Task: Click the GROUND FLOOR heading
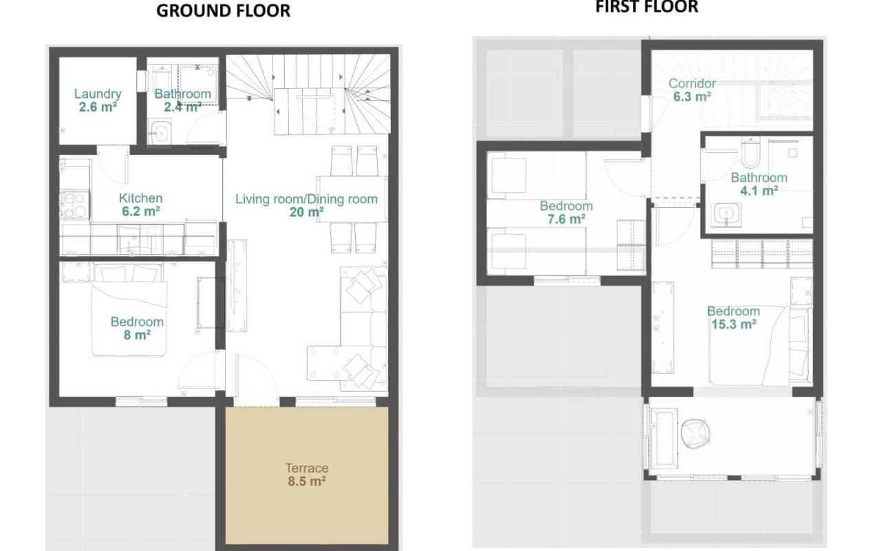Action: (x=224, y=10)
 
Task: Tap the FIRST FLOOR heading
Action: (x=646, y=7)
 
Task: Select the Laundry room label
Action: (x=98, y=94)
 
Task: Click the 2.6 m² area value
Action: (x=98, y=107)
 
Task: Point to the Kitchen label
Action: (x=140, y=198)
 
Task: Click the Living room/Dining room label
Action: (x=306, y=199)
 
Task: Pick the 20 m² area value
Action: (x=306, y=212)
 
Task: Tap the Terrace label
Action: (x=306, y=468)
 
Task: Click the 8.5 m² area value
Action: (x=306, y=481)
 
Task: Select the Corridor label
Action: (x=692, y=84)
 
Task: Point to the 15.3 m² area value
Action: (x=733, y=324)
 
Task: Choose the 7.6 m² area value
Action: (x=566, y=219)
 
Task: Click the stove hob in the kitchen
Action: (x=75, y=205)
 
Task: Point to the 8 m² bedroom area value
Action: (x=137, y=335)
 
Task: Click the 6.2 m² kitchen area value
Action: (x=140, y=211)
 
